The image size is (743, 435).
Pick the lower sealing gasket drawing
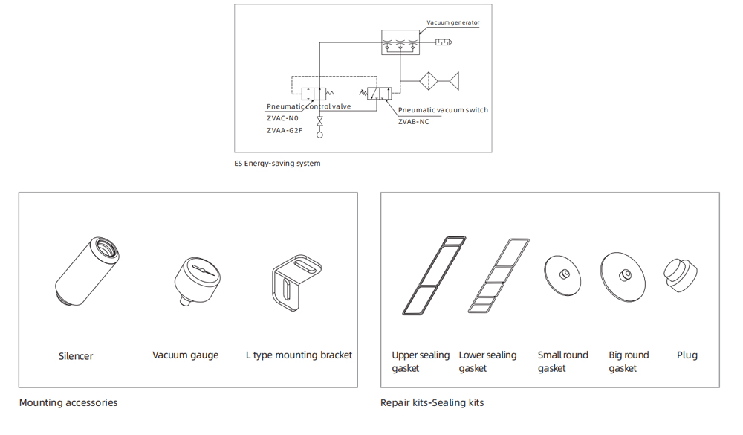[x=499, y=275]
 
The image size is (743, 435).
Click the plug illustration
[x=682, y=275]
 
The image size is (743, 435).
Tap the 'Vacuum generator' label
[x=452, y=23]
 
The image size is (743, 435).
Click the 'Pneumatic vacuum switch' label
[x=443, y=110]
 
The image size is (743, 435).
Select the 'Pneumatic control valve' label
[x=308, y=107]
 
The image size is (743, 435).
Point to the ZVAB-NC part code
[x=413, y=122]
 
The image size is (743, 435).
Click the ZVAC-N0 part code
[x=282, y=118]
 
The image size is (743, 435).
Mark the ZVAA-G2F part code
[x=284, y=131]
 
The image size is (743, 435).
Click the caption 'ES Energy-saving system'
[x=277, y=164]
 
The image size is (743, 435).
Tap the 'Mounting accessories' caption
[x=68, y=403]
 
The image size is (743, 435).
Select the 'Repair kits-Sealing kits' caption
[x=432, y=403]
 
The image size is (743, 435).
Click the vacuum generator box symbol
[x=400, y=42]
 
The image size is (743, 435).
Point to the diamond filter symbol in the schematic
[x=430, y=80]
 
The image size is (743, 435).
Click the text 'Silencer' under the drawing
[x=76, y=356]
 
